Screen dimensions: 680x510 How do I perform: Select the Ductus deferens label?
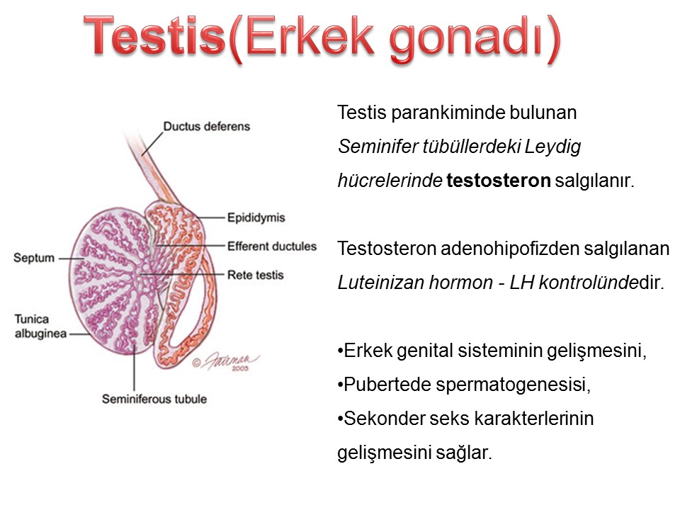pos(206,126)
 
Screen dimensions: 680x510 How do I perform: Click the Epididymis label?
pos(256,217)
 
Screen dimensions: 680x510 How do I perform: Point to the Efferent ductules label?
pos(272,246)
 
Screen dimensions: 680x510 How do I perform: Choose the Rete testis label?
pos(256,275)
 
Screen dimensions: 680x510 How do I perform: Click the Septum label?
pos(34,258)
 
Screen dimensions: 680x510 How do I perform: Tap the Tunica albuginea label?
pos(40,326)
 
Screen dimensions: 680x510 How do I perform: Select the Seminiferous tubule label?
pos(154,399)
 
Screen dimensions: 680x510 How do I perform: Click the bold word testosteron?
pos(499,181)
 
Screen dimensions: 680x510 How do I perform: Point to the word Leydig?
pos(552,147)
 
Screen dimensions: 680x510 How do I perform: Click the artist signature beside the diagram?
pos(227,361)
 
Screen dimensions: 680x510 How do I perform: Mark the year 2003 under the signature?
pos(240,368)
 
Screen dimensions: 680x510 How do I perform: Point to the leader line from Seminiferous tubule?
pos(134,368)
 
